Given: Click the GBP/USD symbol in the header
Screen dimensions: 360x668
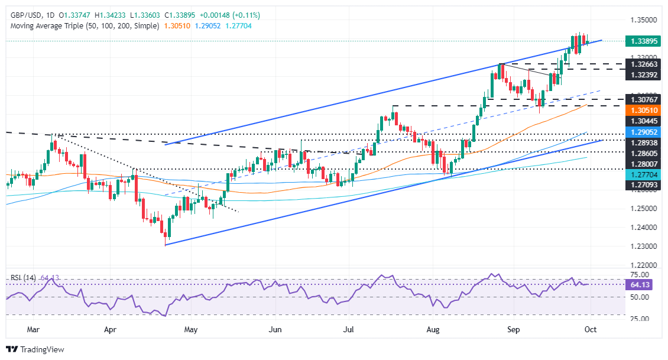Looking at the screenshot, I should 22,15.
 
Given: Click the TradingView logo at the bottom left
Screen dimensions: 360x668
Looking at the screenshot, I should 35,349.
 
